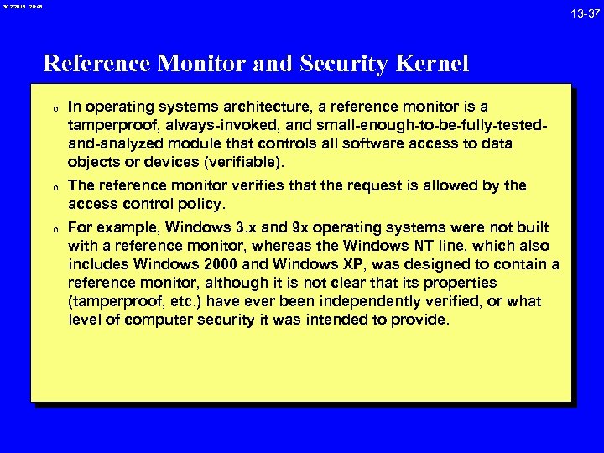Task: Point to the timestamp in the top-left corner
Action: [21, 7]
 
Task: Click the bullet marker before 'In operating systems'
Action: [53, 108]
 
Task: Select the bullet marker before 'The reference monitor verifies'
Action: [53, 186]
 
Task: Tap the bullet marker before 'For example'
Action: [53, 228]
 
